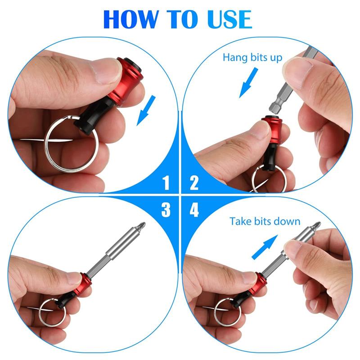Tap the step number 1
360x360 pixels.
click(x=166, y=182)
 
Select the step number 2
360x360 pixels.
click(x=194, y=182)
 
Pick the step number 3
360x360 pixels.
click(x=166, y=210)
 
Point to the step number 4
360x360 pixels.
click(x=194, y=210)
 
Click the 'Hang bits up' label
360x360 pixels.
click(x=252, y=58)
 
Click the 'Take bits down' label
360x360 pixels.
click(x=265, y=221)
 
